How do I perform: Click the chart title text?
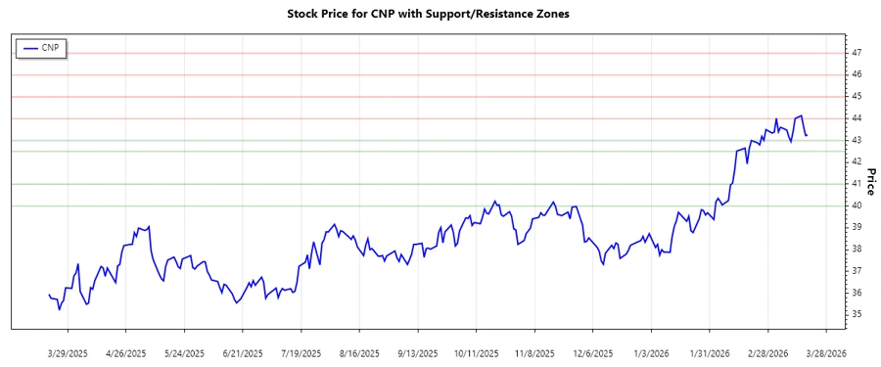440,14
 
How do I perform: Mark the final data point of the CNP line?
806,135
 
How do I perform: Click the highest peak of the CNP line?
801,115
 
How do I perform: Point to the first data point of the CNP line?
48,295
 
